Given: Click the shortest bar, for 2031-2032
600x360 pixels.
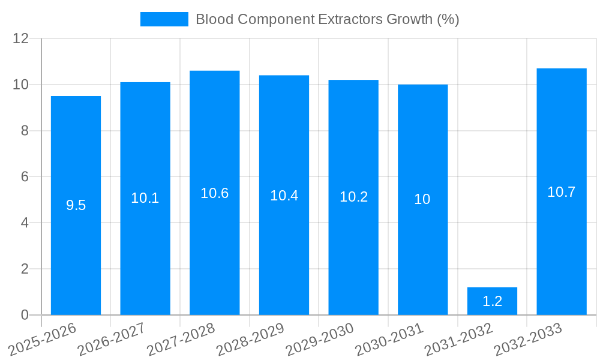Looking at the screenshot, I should tap(492, 306).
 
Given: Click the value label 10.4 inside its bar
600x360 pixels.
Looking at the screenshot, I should tap(284, 196).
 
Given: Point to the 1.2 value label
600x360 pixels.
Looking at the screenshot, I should tap(492, 301).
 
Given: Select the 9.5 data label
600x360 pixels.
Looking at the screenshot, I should tap(76, 205).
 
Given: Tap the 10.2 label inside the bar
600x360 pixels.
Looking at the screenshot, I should tap(353, 197).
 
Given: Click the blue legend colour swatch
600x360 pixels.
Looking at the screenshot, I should tap(164, 19).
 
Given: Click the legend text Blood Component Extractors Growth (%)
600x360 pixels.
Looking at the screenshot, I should tap(327, 19).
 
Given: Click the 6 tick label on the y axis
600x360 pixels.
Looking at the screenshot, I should tap(25, 177).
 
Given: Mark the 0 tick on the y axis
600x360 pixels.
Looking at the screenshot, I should tap(25, 315).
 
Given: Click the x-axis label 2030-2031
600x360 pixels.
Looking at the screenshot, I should tap(389, 340).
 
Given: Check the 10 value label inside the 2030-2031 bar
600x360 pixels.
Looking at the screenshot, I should tap(422, 199).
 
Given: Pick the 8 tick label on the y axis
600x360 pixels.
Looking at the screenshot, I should tap(25, 131).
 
